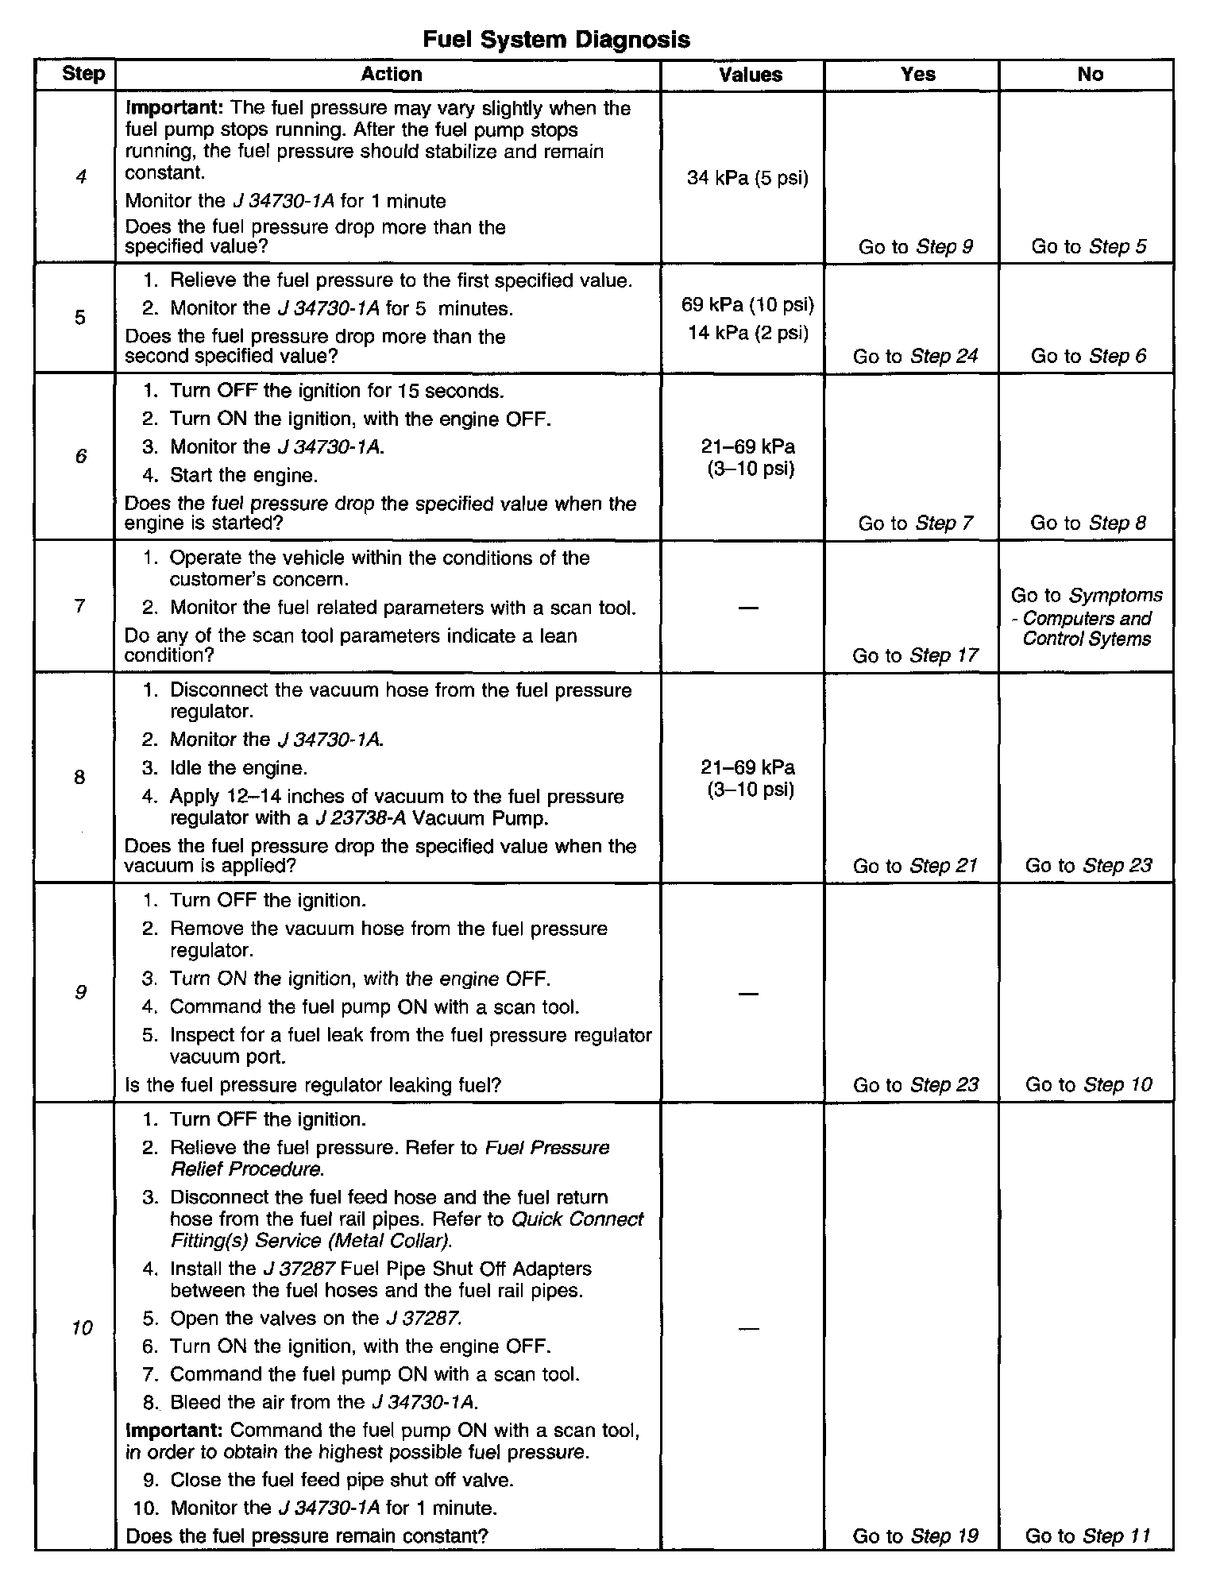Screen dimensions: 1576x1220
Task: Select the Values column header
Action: [x=750, y=75]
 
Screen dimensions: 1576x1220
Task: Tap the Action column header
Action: [x=391, y=75]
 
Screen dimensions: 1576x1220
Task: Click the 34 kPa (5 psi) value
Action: [x=747, y=178]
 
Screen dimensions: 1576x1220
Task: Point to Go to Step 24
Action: [x=915, y=356]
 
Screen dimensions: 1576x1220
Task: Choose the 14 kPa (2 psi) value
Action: [x=748, y=332]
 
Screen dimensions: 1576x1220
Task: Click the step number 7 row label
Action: [x=79, y=606]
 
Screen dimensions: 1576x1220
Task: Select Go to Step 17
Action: [x=915, y=655]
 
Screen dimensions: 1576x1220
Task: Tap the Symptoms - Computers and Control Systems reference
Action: [x=1087, y=617]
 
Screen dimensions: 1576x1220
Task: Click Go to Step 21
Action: [x=915, y=866]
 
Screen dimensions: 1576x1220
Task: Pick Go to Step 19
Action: [x=915, y=1536]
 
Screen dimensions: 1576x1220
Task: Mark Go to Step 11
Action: [x=1088, y=1536]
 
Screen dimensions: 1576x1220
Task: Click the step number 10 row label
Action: [x=82, y=1327]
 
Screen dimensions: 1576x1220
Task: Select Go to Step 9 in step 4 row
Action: [x=915, y=247]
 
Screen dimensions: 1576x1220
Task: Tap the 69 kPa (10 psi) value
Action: [x=747, y=304]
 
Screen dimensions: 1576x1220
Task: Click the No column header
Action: [x=1090, y=75]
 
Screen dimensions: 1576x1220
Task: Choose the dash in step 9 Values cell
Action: [x=748, y=993]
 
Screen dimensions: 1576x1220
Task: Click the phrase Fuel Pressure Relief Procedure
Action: [x=389, y=1159]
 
